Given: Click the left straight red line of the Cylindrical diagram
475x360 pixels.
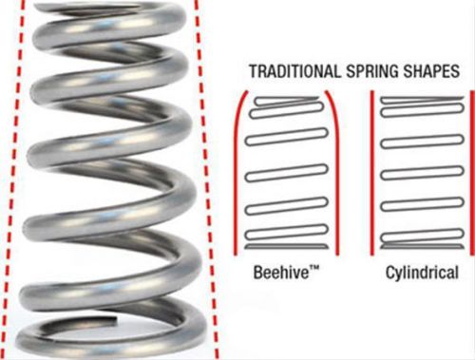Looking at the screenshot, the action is (x=371, y=171).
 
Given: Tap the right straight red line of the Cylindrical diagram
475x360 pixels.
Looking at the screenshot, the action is (x=472, y=171).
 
